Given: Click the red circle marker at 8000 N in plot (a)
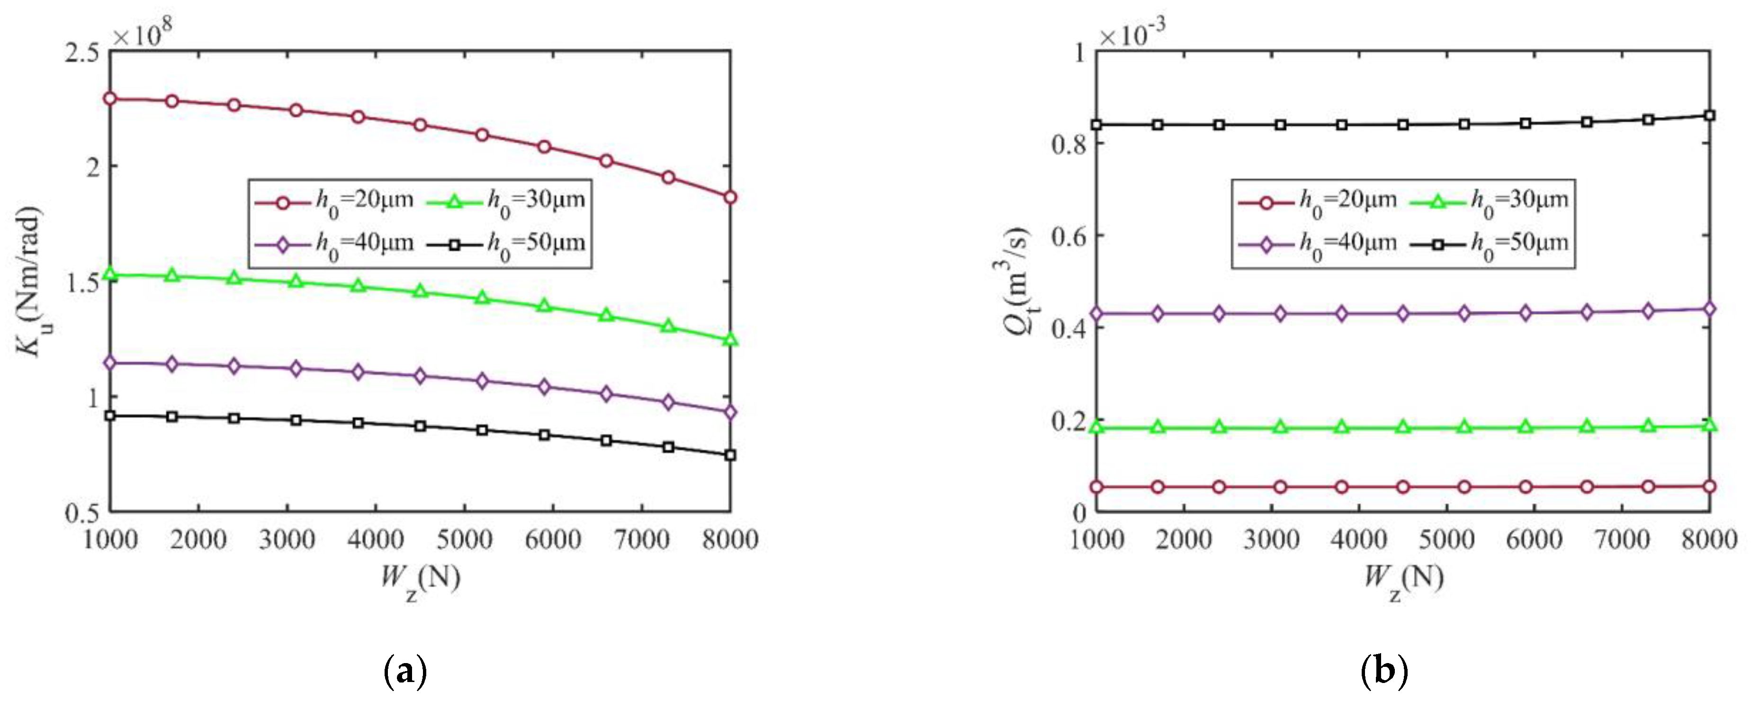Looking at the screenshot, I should click(x=730, y=197).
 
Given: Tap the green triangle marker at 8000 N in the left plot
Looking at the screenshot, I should click(x=730, y=339).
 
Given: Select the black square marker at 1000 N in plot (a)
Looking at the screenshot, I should click(x=110, y=416).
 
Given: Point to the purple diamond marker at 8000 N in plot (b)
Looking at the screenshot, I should click(x=1709, y=309).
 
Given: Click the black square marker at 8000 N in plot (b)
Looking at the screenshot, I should click(x=1709, y=116).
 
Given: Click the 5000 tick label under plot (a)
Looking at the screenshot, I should click(x=464, y=540).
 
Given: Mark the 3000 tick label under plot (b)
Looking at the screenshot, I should click(x=1271, y=540).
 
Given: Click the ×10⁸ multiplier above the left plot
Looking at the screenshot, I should click(x=142, y=33).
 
